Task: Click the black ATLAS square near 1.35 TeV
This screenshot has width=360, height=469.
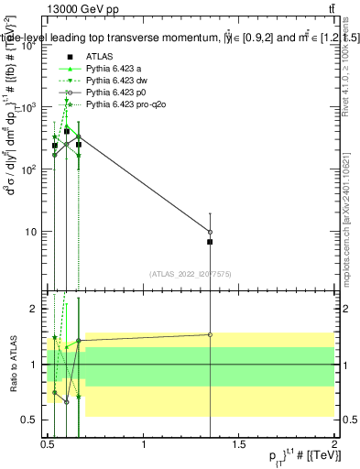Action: (x=210, y=242)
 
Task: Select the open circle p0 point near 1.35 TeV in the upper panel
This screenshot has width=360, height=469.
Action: (x=210, y=232)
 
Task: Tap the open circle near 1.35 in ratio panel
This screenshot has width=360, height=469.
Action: (x=210, y=334)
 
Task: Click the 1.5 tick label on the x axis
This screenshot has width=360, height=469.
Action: (x=240, y=446)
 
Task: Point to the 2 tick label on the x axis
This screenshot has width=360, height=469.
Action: (x=334, y=446)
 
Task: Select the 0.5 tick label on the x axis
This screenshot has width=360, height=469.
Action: (x=49, y=446)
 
